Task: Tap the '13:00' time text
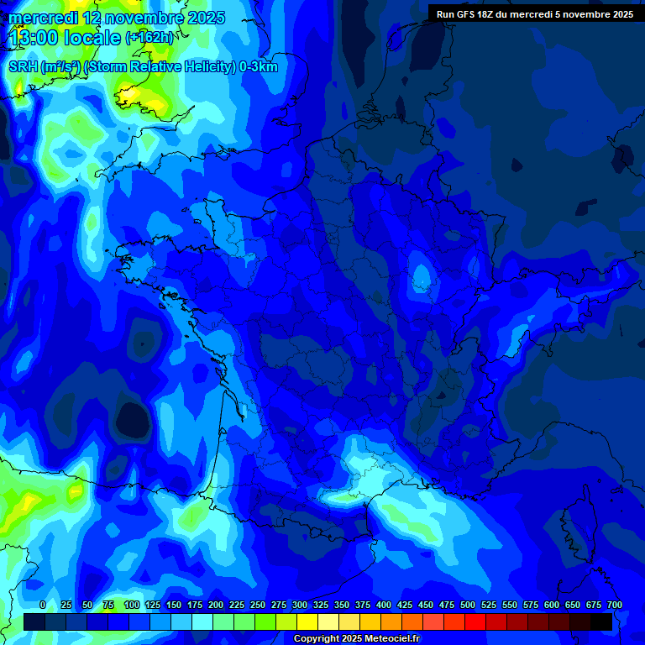(33, 37)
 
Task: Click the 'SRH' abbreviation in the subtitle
(23, 67)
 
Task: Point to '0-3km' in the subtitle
(258, 67)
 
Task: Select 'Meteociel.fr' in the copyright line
(391, 639)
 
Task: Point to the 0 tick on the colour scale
(43, 605)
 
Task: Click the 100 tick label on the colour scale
(131, 605)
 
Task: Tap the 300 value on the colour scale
(299, 605)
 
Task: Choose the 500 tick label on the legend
(467, 605)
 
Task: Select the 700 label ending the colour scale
(614, 605)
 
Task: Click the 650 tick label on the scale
(572, 605)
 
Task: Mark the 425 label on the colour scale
(404, 605)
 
